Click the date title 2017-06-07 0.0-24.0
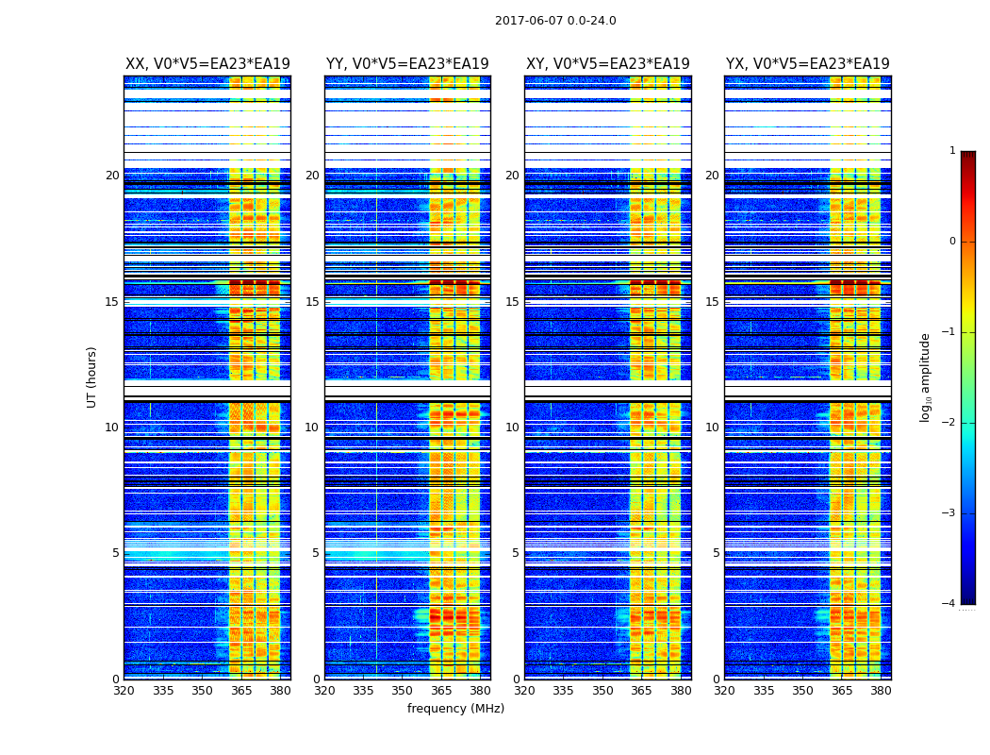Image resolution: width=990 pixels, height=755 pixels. (x=555, y=21)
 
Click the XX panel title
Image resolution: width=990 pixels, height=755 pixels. (x=207, y=64)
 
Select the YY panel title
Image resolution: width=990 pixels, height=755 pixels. (x=407, y=64)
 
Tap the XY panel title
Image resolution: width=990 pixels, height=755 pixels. (x=608, y=64)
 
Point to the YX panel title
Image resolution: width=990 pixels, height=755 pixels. (x=808, y=64)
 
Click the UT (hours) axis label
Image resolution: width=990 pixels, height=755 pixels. (x=92, y=377)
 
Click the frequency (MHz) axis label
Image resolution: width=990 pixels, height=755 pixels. (x=455, y=709)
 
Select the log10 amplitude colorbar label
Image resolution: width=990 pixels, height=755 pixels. (x=926, y=377)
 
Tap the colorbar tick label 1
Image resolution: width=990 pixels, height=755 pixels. (x=952, y=151)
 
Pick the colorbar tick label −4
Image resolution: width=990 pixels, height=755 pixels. (x=949, y=604)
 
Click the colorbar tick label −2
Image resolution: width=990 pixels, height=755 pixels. (x=949, y=423)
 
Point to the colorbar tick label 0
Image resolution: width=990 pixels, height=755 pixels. (x=952, y=242)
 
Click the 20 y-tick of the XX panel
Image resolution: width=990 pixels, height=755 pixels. (x=112, y=176)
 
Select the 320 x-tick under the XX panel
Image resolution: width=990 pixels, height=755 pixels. (x=124, y=691)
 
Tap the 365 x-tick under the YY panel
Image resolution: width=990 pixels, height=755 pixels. (x=441, y=691)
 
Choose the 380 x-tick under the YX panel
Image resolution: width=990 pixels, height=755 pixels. (x=881, y=691)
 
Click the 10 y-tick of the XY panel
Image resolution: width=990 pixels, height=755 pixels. (x=512, y=428)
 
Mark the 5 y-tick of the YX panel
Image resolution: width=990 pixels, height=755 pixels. (x=717, y=553)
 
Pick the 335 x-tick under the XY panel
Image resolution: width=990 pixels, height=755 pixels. (x=563, y=691)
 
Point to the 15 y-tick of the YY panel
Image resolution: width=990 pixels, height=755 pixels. (x=312, y=302)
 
